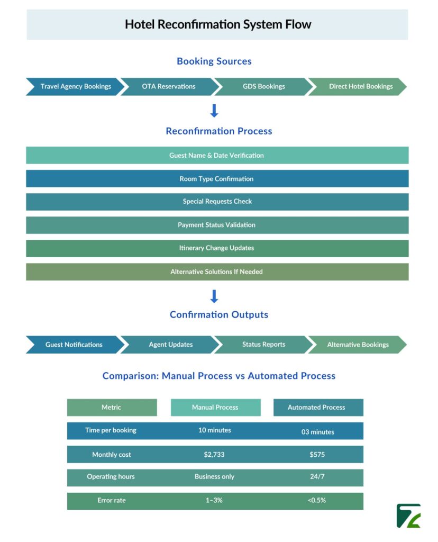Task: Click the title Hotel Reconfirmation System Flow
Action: tap(217, 24)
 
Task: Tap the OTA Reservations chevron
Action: tap(168, 86)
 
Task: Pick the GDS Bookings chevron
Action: tap(263, 86)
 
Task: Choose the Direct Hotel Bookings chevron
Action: tap(360, 86)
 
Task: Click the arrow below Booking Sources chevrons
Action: tap(214, 111)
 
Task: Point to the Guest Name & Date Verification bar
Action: tap(217, 155)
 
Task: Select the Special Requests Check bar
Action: tap(217, 202)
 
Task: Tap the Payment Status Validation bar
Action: tap(217, 225)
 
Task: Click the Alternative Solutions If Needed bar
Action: tap(217, 272)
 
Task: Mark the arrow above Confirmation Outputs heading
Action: tap(214, 296)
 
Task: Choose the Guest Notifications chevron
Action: tap(74, 345)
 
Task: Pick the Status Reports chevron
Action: tap(263, 345)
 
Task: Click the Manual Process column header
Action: tap(215, 408)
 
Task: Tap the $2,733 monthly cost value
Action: tap(215, 455)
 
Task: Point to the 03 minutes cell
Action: tap(318, 431)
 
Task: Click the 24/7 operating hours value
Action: tap(317, 477)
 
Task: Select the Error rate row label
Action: tap(112, 500)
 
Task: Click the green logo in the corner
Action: tap(408, 516)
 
